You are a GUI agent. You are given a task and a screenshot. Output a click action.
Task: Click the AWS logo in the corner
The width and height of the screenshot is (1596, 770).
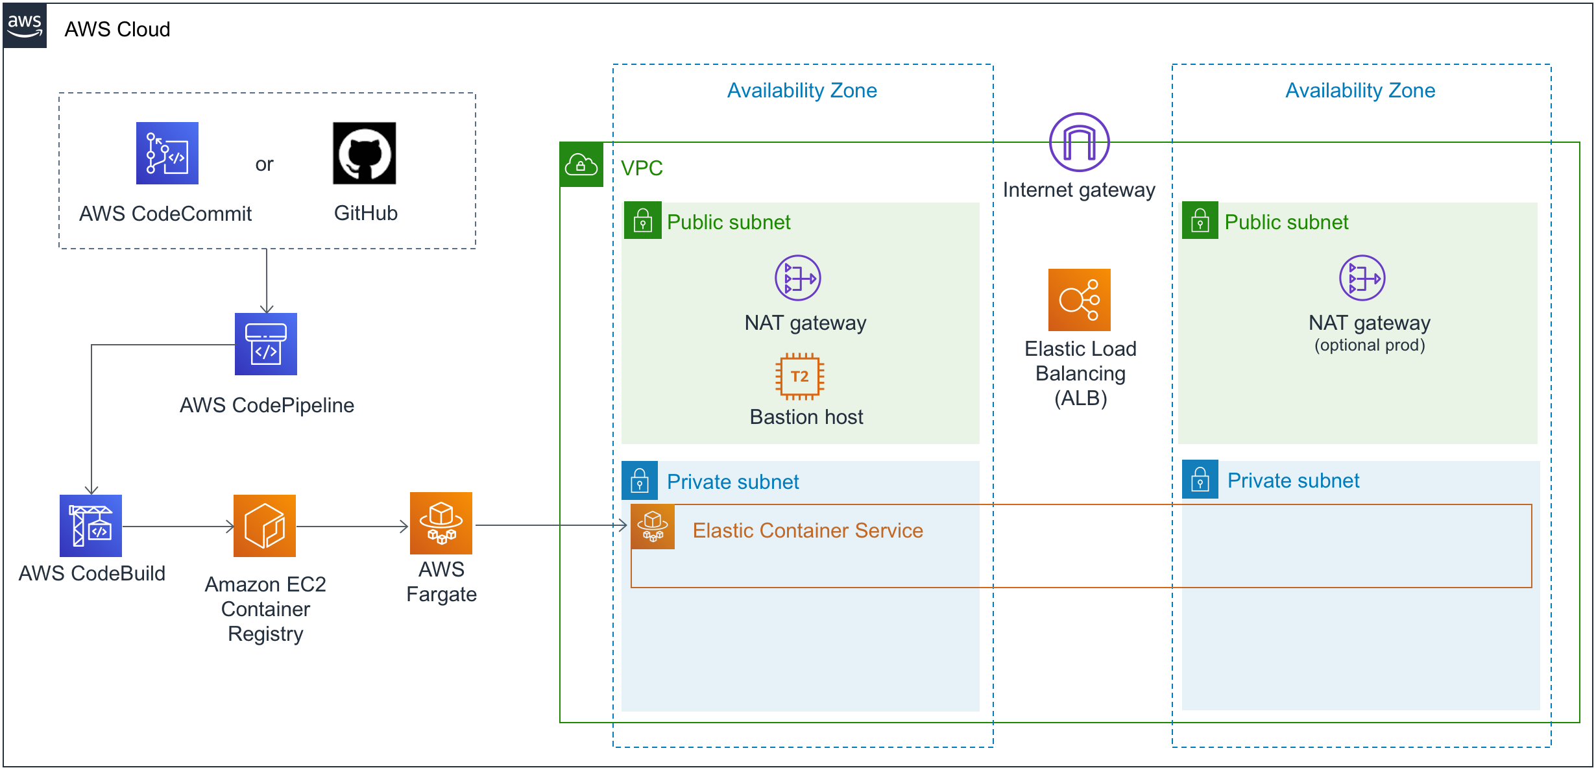(25, 25)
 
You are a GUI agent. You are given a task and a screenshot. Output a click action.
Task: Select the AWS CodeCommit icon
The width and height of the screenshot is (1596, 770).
(167, 153)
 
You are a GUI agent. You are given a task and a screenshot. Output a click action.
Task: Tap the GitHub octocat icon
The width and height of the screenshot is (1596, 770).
(365, 153)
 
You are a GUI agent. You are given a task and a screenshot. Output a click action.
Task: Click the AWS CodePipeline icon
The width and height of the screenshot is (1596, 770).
(266, 344)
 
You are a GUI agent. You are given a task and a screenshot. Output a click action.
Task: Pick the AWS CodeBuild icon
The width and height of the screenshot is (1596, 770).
(91, 526)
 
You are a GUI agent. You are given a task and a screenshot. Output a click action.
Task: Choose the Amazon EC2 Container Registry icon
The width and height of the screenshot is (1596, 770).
(265, 526)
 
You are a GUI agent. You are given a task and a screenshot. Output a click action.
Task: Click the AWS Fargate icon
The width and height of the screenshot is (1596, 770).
(441, 523)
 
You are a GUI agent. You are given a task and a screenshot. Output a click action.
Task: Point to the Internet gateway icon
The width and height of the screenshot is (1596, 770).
(1080, 142)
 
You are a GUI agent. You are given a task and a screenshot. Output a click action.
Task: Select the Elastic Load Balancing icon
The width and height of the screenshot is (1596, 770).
(1080, 300)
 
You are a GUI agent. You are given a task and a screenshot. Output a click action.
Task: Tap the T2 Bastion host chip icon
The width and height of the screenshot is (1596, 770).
(800, 377)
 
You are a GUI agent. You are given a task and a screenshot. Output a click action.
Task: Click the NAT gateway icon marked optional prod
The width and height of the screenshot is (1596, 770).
(1362, 278)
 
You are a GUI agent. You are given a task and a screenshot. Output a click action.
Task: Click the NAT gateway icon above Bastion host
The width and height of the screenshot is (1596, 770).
(798, 278)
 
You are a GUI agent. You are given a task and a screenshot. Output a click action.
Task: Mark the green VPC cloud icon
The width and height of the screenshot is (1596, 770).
(581, 165)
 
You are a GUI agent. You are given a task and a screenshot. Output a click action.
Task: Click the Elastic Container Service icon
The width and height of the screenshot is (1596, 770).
(653, 527)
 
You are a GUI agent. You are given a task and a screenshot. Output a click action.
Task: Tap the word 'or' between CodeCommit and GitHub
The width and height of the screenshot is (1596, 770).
(264, 164)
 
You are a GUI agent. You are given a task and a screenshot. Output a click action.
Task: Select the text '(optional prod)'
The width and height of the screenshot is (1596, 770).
(1370, 345)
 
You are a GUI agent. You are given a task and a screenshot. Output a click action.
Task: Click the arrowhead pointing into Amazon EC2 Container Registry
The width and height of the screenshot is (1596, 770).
(230, 527)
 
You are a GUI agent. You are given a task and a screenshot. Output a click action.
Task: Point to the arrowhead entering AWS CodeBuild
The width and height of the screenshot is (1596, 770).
(91, 490)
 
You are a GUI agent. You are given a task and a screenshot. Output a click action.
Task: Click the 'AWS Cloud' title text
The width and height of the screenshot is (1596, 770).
(117, 29)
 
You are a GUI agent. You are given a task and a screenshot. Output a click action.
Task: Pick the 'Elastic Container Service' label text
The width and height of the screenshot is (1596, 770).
(808, 530)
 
